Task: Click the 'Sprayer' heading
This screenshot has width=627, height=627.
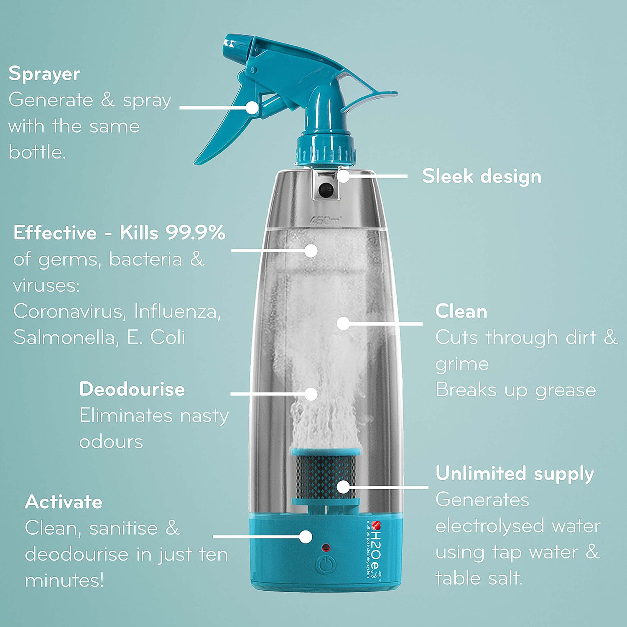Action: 44,74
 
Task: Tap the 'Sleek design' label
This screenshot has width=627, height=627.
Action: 482,176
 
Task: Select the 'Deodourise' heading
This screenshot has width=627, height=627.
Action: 132,389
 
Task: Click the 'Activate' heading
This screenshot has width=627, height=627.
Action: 64,502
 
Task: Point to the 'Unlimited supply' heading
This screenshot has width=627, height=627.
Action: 515,474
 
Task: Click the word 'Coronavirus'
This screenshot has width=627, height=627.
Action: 68,311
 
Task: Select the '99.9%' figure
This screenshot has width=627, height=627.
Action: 196,233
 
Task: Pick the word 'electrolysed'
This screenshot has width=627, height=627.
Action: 489,526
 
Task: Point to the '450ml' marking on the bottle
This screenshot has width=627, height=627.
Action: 325,220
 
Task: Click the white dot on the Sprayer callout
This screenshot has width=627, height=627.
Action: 252,107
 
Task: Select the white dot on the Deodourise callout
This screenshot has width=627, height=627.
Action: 311,394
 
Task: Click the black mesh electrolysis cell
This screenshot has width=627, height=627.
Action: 326,477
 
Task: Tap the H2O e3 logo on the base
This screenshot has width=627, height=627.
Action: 376,548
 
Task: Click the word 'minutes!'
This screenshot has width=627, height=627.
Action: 64,580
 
